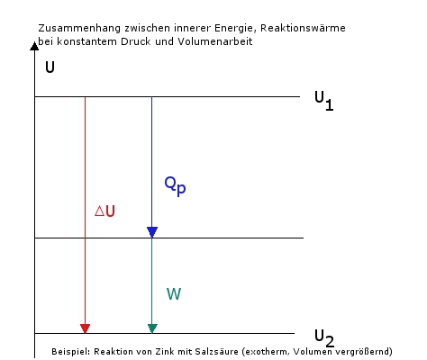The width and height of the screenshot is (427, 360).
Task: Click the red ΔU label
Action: click(104, 211)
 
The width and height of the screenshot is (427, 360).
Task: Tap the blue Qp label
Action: click(175, 186)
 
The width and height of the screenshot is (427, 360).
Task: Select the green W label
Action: click(174, 294)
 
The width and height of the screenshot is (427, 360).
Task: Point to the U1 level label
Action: click(324, 101)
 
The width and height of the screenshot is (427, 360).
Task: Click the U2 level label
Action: click(324, 338)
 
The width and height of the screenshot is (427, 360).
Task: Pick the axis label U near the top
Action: click(50, 67)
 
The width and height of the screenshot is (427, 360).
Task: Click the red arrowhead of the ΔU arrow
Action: click(86, 328)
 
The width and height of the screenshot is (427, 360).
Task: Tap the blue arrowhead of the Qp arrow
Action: click(152, 232)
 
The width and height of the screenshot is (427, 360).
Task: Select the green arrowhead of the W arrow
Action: click(152, 328)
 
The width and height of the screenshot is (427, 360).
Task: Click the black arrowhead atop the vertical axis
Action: click(34, 46)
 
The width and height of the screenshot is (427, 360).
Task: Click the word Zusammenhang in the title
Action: click(79, 28)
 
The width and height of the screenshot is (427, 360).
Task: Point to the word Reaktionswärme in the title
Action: click(303, 28)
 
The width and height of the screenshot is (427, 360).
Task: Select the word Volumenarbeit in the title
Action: click(215, 41)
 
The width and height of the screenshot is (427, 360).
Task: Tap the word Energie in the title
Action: click(233, 29)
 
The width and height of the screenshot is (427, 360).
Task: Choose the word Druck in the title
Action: click(136, 41)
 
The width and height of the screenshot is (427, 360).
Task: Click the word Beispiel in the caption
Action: click(70, 351)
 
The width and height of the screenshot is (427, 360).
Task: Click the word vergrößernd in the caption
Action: click(364, 352)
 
